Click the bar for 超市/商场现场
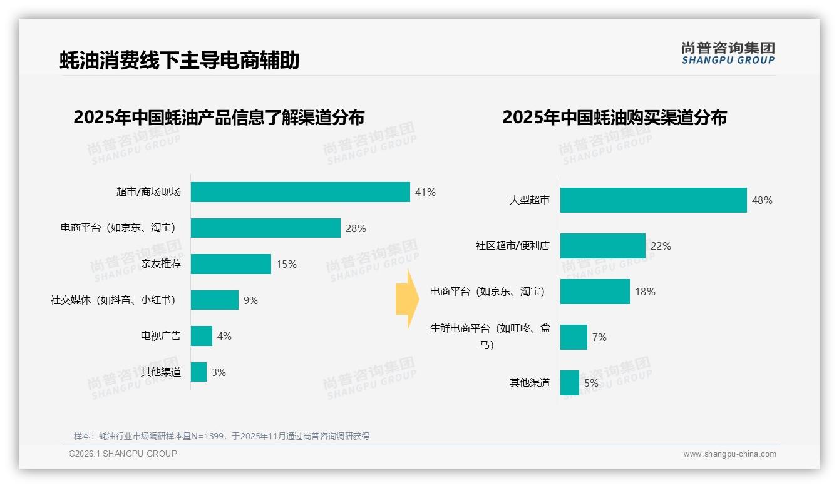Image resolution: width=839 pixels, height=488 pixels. pos(300,192)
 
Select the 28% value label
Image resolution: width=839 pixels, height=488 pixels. pos(356,228)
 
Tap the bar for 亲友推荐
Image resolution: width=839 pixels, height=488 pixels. pos(230,264)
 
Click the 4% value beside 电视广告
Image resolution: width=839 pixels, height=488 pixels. pos(224,336)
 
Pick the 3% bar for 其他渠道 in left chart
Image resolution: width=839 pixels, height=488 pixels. pos(198,372)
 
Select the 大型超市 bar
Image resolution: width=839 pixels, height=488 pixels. pos(653,200)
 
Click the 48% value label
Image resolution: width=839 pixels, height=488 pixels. pos(762,200)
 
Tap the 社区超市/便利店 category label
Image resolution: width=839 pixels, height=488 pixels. pos(512,246)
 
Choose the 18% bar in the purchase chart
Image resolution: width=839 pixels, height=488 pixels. pos(595,292)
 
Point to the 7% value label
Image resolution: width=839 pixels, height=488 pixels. pos(599,337)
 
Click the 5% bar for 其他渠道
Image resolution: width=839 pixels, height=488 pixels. pos(569,383)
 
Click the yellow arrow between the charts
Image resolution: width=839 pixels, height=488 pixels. pos(407,299)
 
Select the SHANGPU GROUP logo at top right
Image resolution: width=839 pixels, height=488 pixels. pos(728,53)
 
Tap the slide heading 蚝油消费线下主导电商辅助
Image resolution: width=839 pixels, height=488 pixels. pos(180,60)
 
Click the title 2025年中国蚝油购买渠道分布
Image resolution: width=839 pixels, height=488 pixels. pos(614,118)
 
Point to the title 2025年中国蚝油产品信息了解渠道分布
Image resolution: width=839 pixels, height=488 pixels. pos(219,118)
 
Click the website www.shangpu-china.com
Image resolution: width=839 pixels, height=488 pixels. pos(729,454)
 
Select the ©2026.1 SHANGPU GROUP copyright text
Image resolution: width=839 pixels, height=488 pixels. pos(123,454)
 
